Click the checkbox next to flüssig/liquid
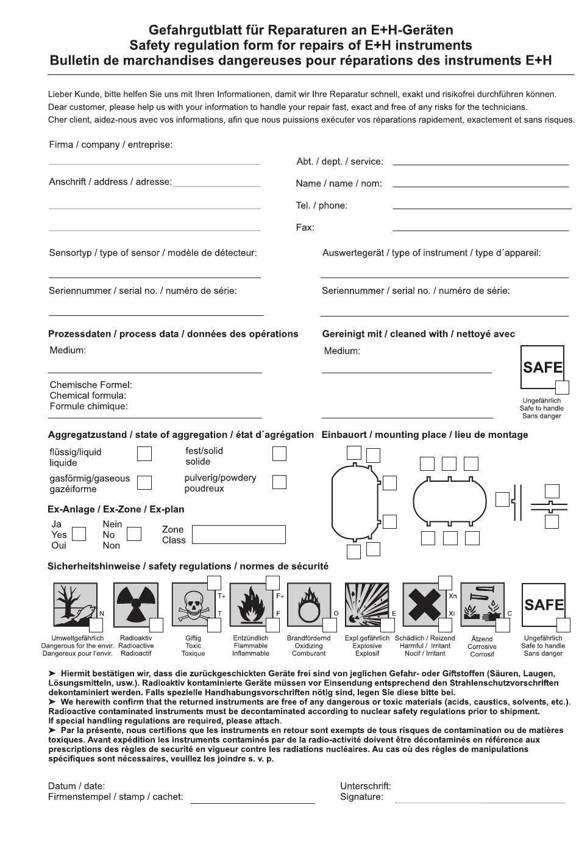144,454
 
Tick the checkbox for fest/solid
279,454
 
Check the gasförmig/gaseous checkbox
144,482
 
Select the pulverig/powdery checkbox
279,482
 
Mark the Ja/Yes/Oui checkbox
79,534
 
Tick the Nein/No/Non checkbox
134,534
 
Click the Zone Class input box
238,534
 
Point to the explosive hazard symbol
366,604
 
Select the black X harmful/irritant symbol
424,604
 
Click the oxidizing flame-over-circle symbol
309,604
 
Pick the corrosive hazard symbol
482,604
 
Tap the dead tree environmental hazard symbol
75,604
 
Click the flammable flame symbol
251,604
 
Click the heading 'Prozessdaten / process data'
173,334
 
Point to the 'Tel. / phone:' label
321,206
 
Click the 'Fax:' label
305,227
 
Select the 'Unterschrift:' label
365,786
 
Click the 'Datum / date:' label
76,786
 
